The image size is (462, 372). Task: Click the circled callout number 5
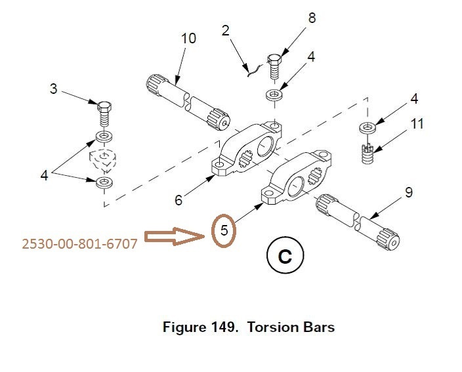tap(224, 230)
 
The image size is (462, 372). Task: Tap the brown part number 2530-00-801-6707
tap(79, 244)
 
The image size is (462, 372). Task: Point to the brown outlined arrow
tap(175, 236)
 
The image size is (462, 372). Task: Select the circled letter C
tap(285, 255)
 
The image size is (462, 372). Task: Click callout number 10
tap(188, 39)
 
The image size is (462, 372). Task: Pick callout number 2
tap(225, 31)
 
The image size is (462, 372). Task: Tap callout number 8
tap(312, 18)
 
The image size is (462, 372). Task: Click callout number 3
tap(53, 89)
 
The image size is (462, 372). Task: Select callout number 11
tap(417, 124)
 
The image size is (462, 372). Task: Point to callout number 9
tap(409, 192)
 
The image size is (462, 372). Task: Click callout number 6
tap(178, 200)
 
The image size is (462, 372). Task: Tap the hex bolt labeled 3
tap(104, 114)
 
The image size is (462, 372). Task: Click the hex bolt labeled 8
tap(274, 66)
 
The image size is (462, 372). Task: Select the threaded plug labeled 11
tap(367, 153)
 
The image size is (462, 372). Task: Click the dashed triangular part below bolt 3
tap(102, 161)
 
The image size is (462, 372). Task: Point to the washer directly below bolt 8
tap(274, 95)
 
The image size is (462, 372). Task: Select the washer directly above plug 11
tap(367, 128)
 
